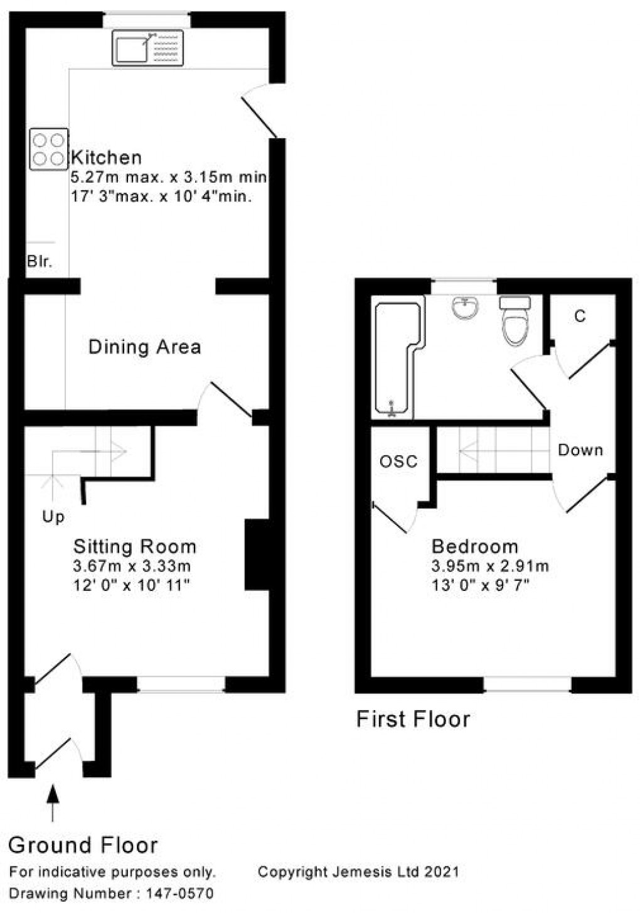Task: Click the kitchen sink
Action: click(148, 47)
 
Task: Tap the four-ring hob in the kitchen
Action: click(48, 149)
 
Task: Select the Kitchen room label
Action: click(106, 157)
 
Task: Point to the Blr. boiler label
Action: click(39, 261)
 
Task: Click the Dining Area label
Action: click(144, 347)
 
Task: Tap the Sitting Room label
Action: click(134, 546)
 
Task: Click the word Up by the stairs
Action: click(53, 517)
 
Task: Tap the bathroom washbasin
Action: click(465, 308)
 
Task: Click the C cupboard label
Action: click(580, 316)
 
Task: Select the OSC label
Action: click(398, 462)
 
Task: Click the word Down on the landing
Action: click(580, 450)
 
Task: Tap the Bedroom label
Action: click(475, 546)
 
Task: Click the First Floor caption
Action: click(413, 719)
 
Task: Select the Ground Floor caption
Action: click(83, 845)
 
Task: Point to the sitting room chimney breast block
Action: click(257, 554)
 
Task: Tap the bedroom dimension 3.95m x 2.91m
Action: click(490, 566)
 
